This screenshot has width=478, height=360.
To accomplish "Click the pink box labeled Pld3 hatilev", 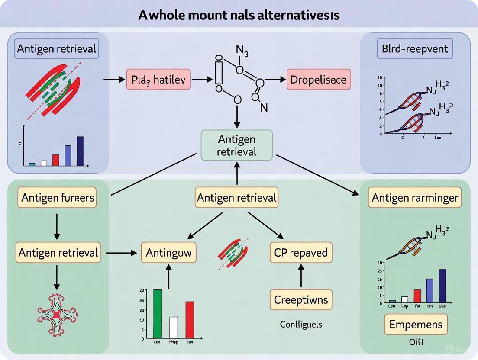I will tap(158, 80).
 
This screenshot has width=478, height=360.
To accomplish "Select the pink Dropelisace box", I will tap(319, 80).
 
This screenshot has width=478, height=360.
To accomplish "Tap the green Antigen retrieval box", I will tap(237, 145).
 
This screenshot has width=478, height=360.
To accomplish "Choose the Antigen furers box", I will tap(57, 198).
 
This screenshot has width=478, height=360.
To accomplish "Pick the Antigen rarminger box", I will tap(415, 198).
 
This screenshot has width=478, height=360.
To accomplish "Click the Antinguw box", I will tap(169, 252).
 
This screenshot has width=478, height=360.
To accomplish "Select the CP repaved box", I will tap(301, 252).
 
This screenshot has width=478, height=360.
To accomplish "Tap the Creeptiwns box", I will tap(301, 299).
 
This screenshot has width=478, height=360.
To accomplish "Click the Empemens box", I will tap(416, 324).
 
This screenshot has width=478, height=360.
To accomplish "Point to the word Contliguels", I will tap(301, 324).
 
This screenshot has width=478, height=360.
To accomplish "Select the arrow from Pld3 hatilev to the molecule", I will tap(202, 80).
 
